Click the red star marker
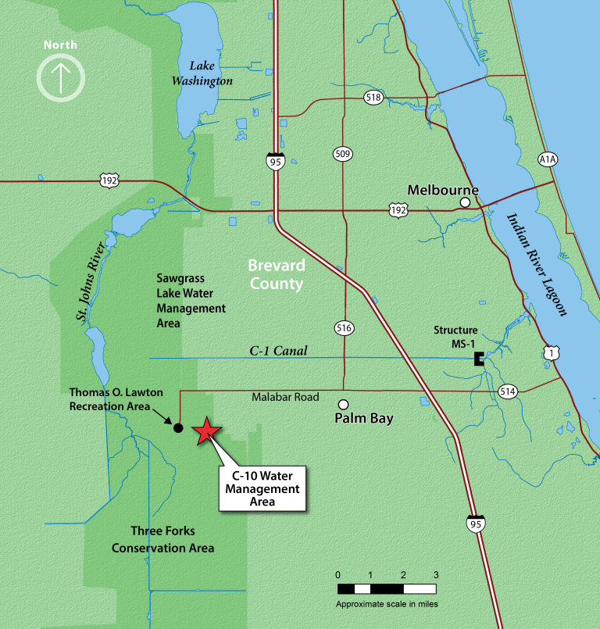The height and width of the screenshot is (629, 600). click(206, 431)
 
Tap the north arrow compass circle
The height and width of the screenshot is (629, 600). click(60, 77)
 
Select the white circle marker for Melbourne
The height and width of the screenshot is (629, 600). click(465, 202)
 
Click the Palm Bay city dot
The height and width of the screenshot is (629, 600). click(342, 404)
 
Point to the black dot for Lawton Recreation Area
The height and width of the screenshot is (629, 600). click(178, 427)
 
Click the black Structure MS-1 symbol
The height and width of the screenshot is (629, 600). click(479, 359)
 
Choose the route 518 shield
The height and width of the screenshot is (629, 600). click(373, 97)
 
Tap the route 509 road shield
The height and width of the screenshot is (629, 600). click(341, 153)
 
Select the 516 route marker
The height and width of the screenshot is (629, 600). click(342, 327)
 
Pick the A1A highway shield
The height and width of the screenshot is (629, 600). click(548, 159)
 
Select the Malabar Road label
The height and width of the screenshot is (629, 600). click(285, 397)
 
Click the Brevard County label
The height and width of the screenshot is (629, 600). click(276, 275)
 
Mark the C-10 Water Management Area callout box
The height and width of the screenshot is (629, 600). click(262, 488)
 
